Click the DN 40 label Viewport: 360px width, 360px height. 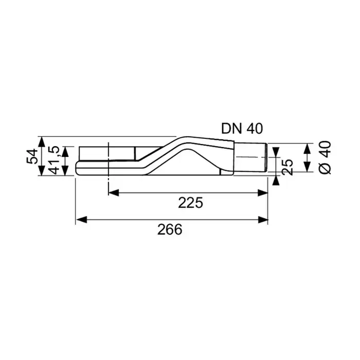tap(242, 129)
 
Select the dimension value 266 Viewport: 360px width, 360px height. tap(170, 229)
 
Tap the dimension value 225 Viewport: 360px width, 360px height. tap(191, 203)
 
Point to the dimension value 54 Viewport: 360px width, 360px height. tap(32, 156)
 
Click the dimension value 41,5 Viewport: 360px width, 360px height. tap(54, 160)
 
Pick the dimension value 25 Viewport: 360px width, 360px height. tap(287, 167)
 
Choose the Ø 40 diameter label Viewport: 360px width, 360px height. tap(325, 157)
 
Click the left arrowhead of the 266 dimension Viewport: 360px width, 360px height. tap(81, 220)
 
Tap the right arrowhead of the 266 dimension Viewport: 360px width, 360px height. tap(262, 220)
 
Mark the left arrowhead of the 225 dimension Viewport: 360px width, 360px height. tap(114, 193)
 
